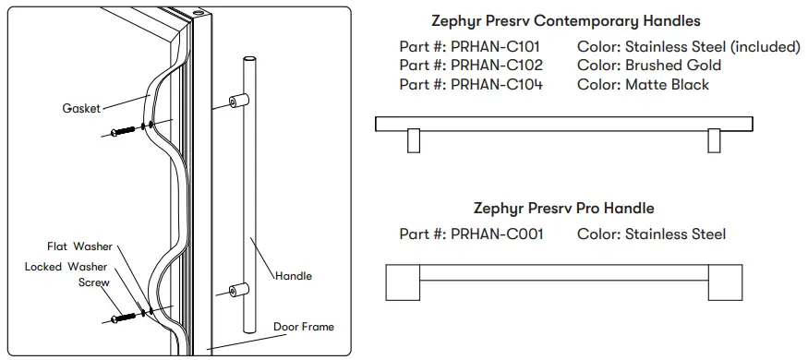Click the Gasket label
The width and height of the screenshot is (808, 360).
(x=81, y=108)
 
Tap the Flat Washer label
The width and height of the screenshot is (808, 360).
(x=79, y=246)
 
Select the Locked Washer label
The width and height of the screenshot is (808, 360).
(x=66, y=266)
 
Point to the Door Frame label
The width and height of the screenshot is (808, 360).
(x=303, y=327)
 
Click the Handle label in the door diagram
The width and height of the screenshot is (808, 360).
(x=295, y=275)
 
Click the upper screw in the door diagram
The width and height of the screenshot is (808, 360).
(x=124, y=131)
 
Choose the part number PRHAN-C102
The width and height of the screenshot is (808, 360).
(x=496, y=66)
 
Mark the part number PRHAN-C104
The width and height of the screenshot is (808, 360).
(x=496, y=84)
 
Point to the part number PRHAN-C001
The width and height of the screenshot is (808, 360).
(x=496, y=234)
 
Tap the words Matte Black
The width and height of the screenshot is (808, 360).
(x=667, y=84)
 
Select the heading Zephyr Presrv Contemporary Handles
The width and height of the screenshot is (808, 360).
(x=566, y=20)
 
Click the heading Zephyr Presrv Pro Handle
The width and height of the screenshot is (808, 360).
(x=563, y=209)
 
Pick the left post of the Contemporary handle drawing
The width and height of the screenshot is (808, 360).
(x=413, y=139)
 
